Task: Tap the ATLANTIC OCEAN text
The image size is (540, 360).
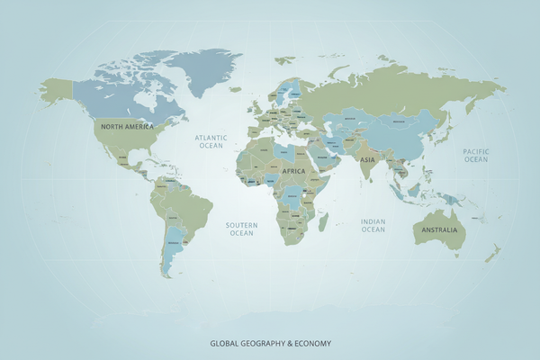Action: tap(211, 141)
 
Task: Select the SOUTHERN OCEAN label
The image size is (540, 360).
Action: tap(241, 229)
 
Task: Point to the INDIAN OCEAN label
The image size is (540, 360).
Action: tap(373, 225)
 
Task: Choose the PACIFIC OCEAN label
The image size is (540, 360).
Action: tap(475, 155)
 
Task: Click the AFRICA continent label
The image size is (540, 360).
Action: tap(293, 170)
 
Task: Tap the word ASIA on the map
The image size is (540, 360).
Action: tap(367, 159)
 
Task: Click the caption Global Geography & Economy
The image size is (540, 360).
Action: tap(271, 343)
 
